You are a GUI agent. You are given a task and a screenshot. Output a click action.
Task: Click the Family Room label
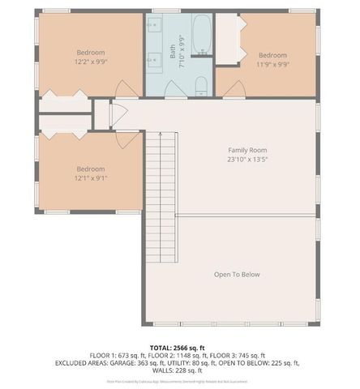coord(246,150)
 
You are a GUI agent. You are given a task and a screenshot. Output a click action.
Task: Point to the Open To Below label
coord(237,275)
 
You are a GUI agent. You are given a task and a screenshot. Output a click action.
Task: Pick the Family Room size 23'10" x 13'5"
coord(246,160)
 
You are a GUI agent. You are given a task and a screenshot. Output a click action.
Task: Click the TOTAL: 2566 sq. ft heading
coord(180,348)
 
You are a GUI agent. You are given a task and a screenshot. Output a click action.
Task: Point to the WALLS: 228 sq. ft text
coord(180,370)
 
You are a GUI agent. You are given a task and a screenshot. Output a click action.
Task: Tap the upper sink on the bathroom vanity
coord(155,25)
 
